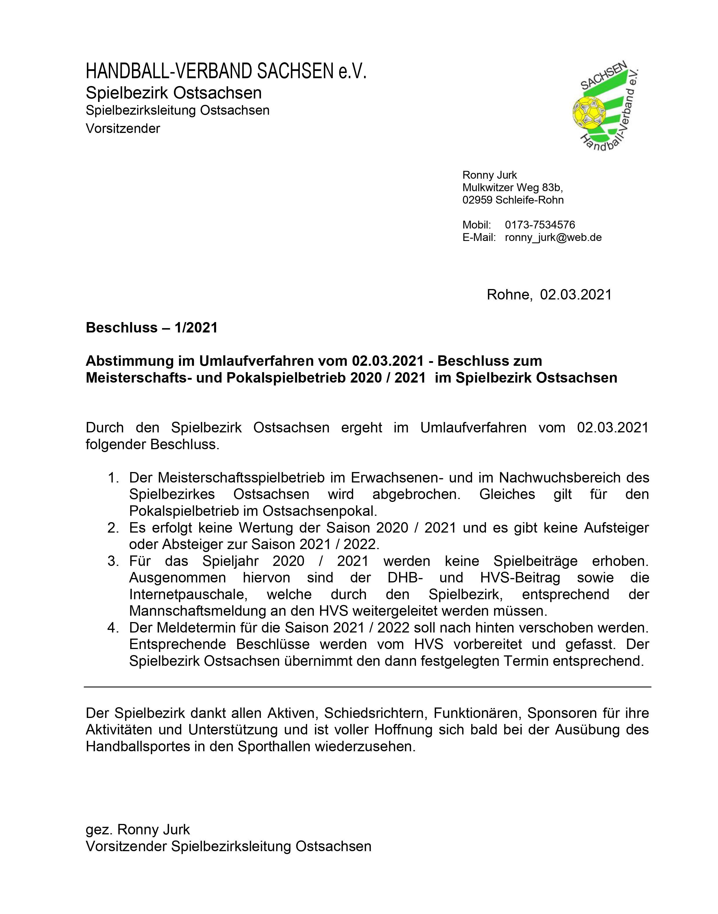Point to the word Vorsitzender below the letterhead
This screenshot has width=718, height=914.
[123, 128]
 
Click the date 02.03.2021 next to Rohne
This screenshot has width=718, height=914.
[576, 295]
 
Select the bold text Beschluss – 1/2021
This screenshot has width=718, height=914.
[152, 327]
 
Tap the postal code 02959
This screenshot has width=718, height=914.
[478, 200]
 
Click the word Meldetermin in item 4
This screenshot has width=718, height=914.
[197, 628]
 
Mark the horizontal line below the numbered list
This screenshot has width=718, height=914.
[368, 687]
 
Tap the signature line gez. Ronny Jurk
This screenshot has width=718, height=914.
[138, 829]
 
